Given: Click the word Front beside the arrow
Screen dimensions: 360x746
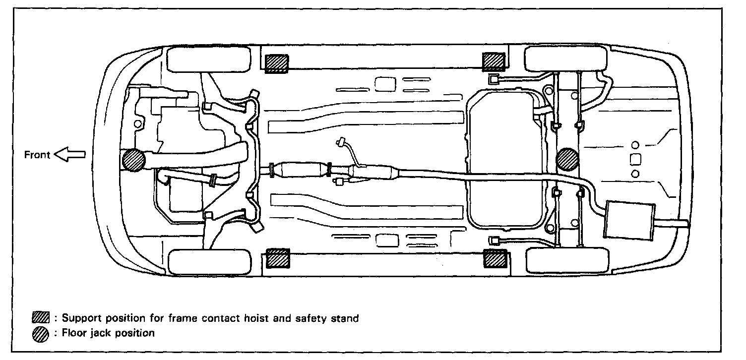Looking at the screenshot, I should click(x=37, y=155).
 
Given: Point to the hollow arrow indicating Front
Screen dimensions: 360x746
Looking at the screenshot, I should click(x=69, y=155).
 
